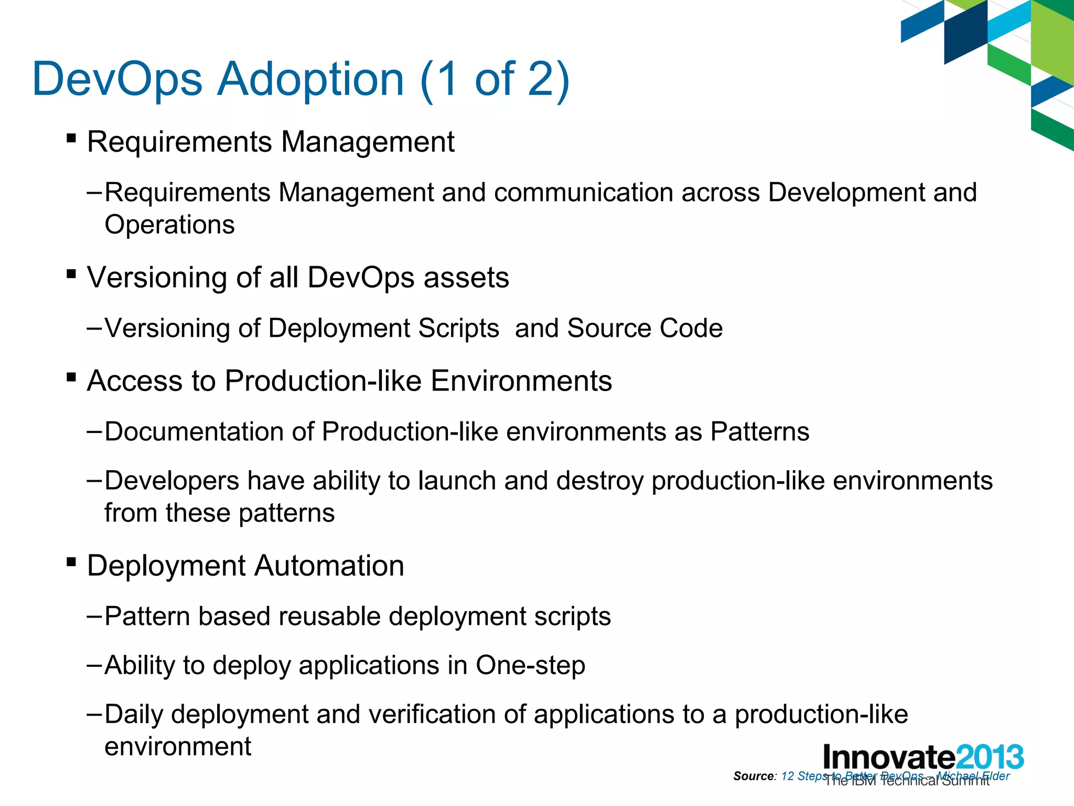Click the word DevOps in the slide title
(117, 80)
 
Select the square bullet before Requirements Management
(71, 139)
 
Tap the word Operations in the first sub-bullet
(169, 225)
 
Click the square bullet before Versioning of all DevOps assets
(71, 274)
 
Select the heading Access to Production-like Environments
(349, 380)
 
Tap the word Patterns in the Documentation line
(759, 432)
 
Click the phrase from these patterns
(219, 513)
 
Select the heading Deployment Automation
(245, 566)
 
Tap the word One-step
(530, 665)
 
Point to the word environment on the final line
(178, 747)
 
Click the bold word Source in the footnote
(754, 776)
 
